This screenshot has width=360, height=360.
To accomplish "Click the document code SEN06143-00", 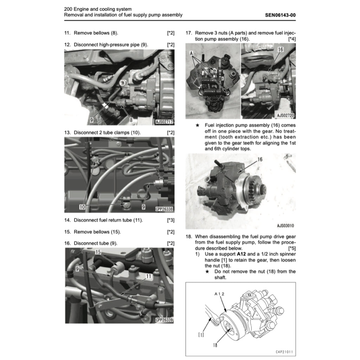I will tap(280, 15).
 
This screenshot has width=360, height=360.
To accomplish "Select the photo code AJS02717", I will tap(164, 122).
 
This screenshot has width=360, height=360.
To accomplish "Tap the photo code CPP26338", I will tap(164, 209).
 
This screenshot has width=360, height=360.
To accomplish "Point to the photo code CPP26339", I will tap(164, 320).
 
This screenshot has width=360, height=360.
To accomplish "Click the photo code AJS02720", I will tap(285, 115).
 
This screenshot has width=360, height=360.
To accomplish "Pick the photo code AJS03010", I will tap(285, 226).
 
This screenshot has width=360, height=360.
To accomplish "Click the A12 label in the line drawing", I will tap(219, 293).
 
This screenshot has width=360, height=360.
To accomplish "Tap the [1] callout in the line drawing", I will tap(201, 335).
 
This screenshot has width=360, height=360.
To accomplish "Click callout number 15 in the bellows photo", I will tap(98, 252).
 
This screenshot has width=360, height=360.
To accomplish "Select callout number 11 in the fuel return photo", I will tap(148, 277).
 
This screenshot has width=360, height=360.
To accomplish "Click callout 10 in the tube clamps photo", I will tap(82, 207).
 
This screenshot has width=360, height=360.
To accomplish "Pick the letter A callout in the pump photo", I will tap(192, 53).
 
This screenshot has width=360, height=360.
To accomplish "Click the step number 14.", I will tap(67, 220).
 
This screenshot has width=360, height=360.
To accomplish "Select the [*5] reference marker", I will tap(291, 248).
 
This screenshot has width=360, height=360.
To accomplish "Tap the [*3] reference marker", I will tap(171, 220).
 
